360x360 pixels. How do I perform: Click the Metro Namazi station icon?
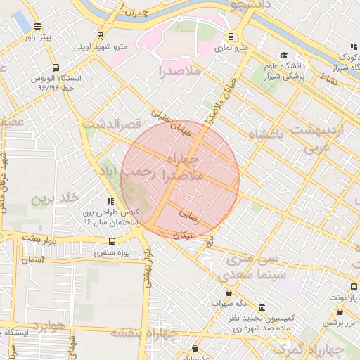[231, 37]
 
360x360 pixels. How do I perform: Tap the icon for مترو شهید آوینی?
[101, 35]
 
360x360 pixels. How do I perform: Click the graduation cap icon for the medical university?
[284, 55]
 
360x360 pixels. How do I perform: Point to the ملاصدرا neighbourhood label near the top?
[180, 71]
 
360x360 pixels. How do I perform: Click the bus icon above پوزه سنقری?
[112, 240]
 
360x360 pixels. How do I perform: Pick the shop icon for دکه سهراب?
[229, 292]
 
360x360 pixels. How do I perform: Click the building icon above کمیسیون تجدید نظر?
[262, 308]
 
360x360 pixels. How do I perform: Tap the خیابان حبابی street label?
[172, 122]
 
